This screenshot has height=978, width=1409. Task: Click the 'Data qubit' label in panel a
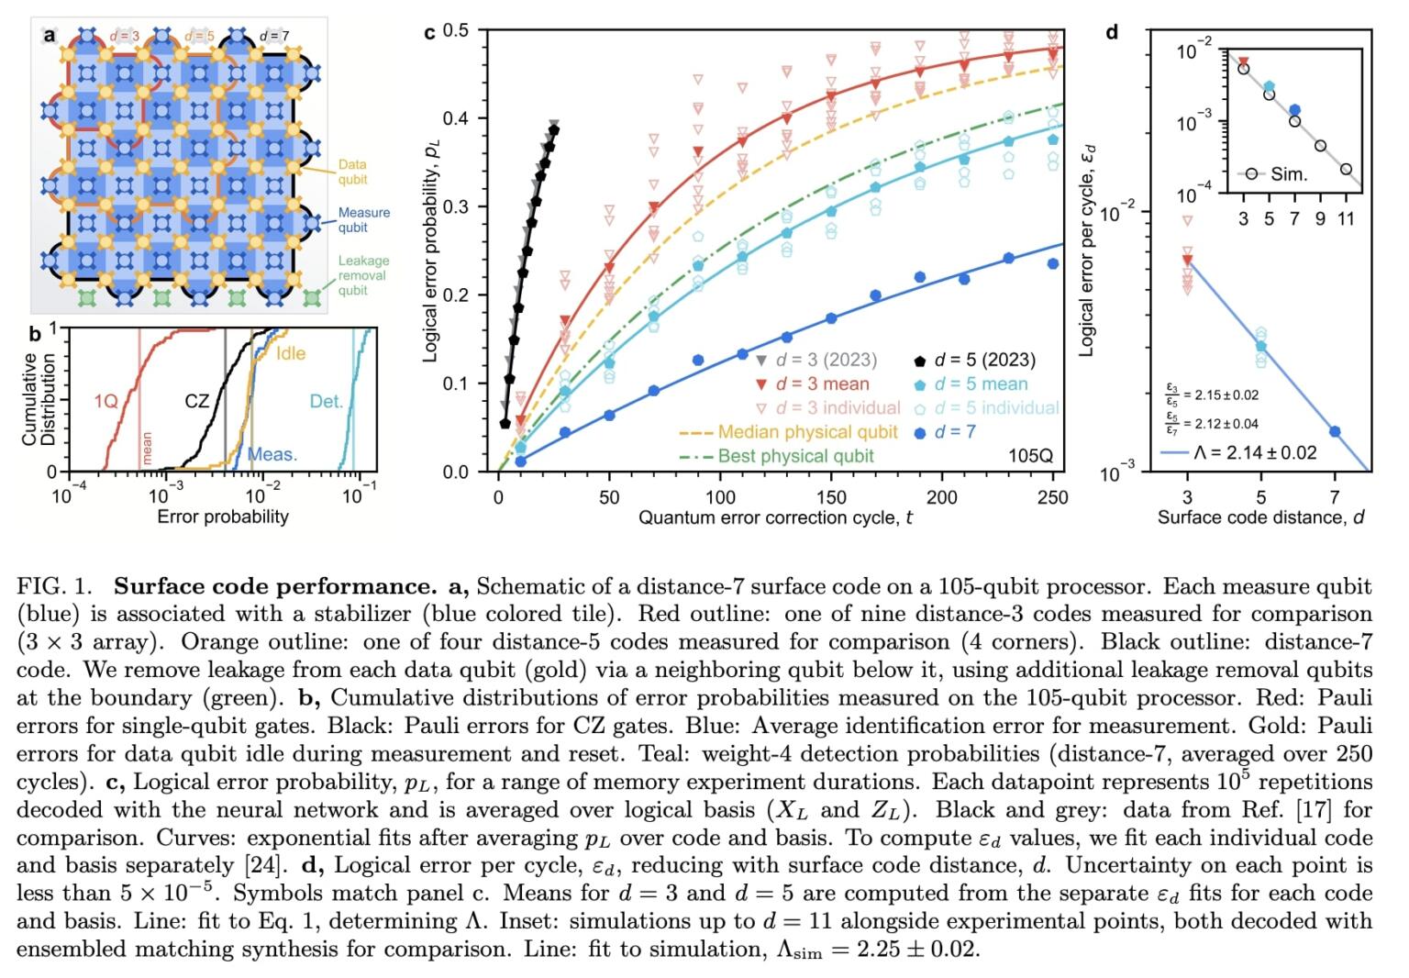[x=352, y=172]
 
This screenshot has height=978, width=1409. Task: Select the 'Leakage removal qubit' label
[x=363, y=275]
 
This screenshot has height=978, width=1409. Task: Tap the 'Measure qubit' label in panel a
[x=363, y=219]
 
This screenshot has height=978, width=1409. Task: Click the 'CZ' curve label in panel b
[x=197, y=401]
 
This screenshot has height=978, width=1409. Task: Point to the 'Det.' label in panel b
[x=326, y=401]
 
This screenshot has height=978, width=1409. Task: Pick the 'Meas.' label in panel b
[x=272, y=454]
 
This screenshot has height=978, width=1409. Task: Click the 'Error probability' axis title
[x=223, y=517]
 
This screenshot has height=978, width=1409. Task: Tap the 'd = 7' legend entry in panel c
[x=954, y=431]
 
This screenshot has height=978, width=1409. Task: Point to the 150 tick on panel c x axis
[x=831, y=497]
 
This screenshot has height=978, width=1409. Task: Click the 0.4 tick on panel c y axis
[x=455, y=118]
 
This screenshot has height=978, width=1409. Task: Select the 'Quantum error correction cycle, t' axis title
[x=775, y=518]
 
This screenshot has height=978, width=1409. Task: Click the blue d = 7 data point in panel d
[x=1335, y=431]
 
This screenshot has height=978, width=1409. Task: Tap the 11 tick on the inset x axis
[x=1345, y=218]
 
